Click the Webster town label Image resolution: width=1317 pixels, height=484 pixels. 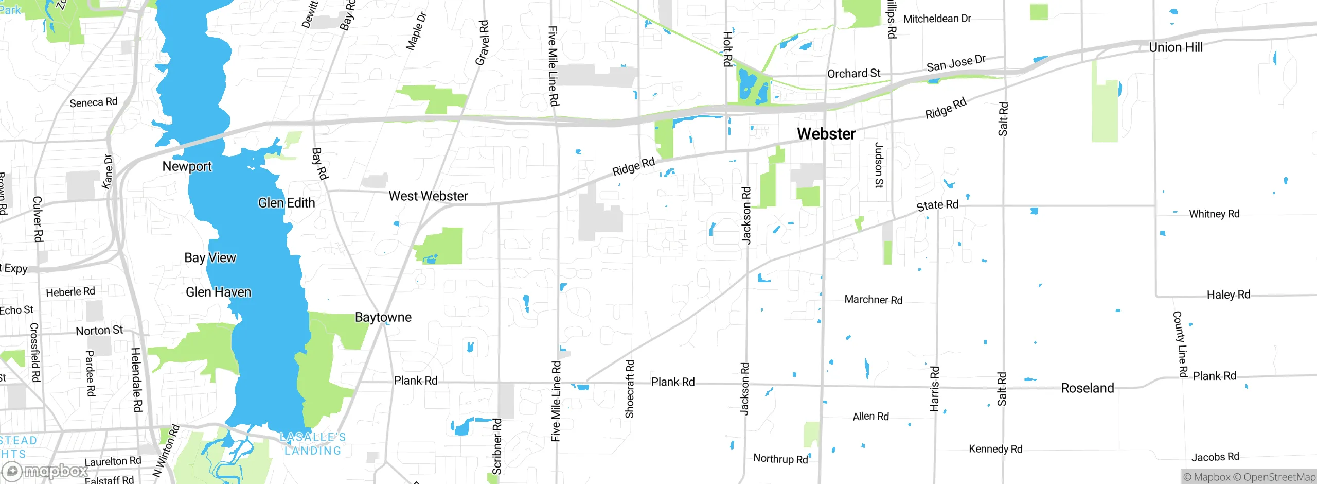pos(826,134)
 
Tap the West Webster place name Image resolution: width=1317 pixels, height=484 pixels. pos(428,196)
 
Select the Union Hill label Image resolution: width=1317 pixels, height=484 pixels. pos(1176,47)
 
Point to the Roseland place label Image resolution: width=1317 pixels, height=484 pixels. pos(1087,388)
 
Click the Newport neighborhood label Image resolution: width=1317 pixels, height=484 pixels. pos(187,166)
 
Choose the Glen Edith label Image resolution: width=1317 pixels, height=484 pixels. pos(287,203)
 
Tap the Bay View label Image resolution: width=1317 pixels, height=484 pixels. pos(210,258)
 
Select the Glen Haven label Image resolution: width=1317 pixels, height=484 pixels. pos(218,292)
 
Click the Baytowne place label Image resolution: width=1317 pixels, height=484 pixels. pos(383,317)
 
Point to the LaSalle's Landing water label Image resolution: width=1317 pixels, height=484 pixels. pos(313,444)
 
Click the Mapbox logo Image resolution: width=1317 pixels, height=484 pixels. pos(45,471)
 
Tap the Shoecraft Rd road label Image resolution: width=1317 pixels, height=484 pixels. pos(630,389)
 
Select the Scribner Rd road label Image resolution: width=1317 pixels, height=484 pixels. pos(497,446)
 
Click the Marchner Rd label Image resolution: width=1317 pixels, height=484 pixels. pos(873,300)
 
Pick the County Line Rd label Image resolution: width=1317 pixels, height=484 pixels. pos(1180,344)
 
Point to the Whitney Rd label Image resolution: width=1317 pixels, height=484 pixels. pos(1214,214)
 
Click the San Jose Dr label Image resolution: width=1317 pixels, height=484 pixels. pos(956,63)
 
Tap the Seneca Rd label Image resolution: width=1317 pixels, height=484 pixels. pos(94,102)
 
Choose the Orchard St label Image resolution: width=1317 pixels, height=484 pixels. pos(853,74)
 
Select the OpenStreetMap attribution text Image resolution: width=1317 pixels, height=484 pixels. pos(1279,477)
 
